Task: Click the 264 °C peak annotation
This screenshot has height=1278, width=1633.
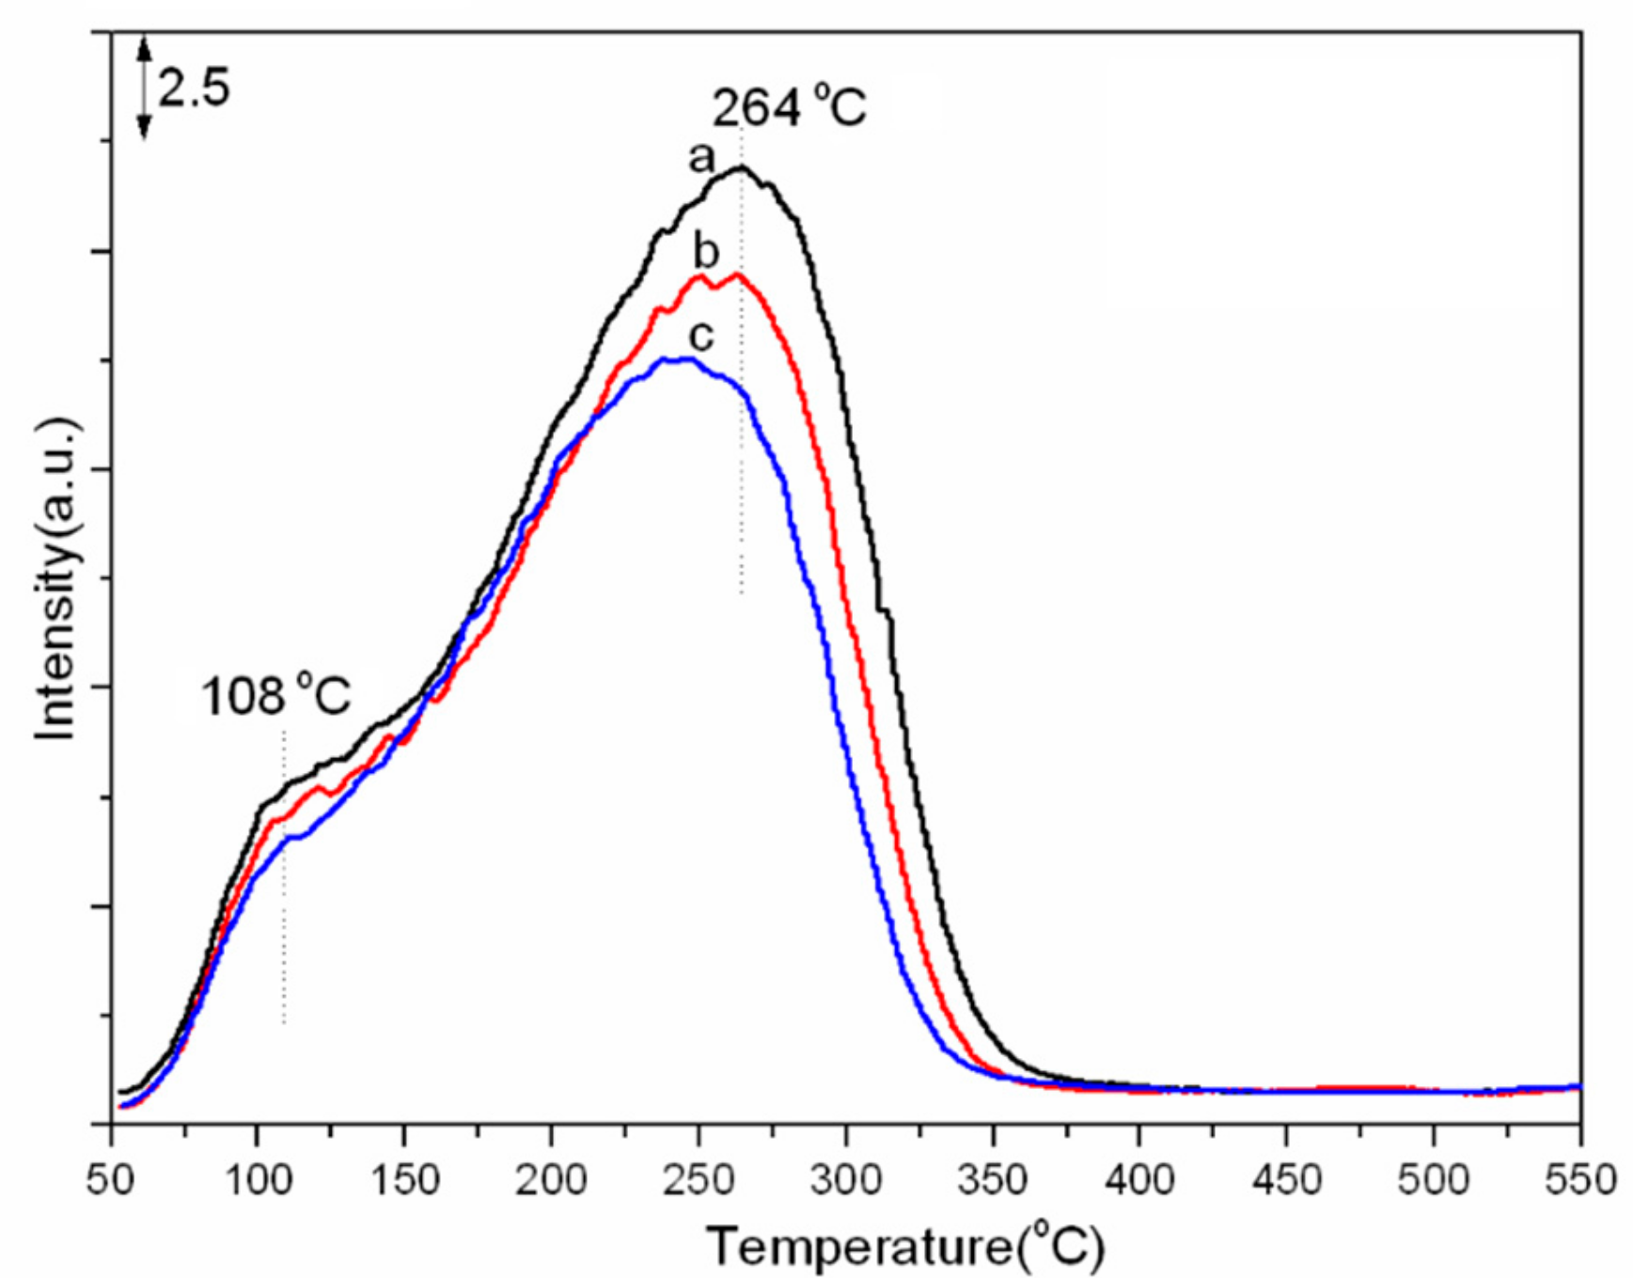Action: point(789,107)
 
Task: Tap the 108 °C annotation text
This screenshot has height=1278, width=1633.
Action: point(275,697)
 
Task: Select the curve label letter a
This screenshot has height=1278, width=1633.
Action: point(701,158)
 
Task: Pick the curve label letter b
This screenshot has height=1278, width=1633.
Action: point(706,251)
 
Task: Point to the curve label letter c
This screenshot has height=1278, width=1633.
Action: point(701,336)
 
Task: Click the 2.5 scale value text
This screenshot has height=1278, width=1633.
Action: point(193,89)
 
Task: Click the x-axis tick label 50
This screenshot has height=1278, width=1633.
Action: point(111,1179)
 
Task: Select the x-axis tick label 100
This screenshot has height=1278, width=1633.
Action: point(256,1179)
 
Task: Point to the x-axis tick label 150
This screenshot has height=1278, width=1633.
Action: point(403,1179)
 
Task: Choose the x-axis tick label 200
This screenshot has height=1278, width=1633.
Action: point(551,1179)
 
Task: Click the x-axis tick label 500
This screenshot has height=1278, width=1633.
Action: point(1433,1179)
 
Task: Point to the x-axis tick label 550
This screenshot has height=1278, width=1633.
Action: point(1579,1179)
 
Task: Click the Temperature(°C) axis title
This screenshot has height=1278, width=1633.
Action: point(904,1247)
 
